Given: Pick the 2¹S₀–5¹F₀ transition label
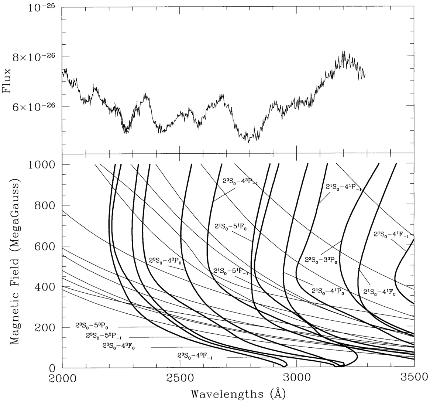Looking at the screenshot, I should [x=230, y=226].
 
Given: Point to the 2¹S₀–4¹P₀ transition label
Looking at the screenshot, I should [x=328, y=291].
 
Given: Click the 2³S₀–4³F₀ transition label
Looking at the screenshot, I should [x=118, y=347].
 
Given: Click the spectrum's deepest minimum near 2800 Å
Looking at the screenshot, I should [x=249, y=142].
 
